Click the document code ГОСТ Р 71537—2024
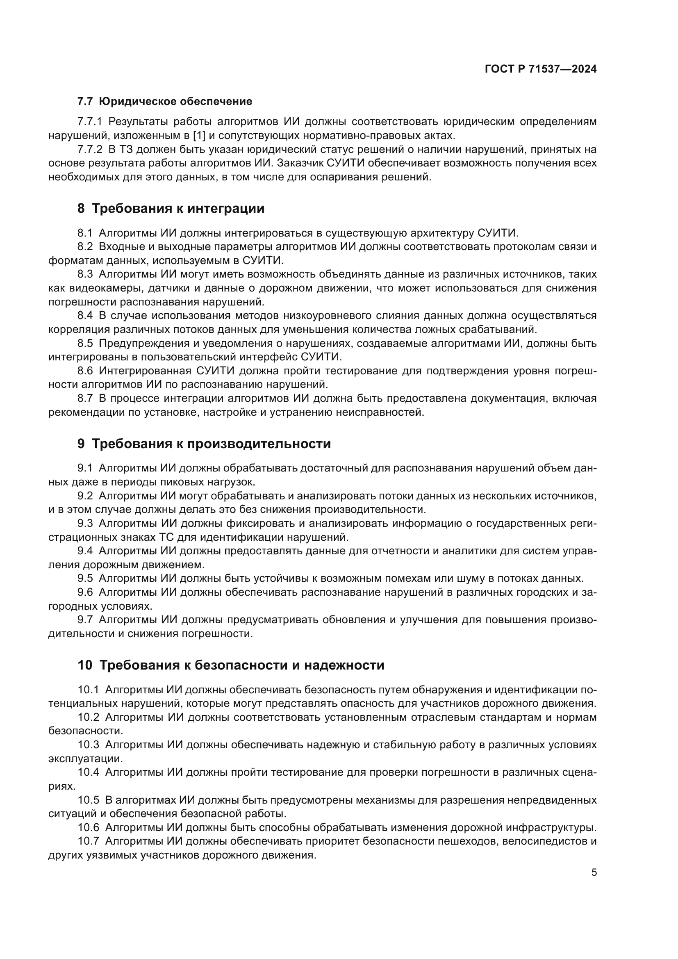tap(541, 69)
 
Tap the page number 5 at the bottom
tap(594, 872)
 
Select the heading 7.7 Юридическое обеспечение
tap(165, 102)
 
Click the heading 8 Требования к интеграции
tap(171, 208)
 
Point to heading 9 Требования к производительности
tap(204, 444)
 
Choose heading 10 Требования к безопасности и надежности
tap(231, 665)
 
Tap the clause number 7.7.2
tap(90, 150)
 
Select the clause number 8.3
tap(85, 274)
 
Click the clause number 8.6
tap(85, 371)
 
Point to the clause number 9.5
tap(85, 579)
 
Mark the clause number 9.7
tap(85, 620)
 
